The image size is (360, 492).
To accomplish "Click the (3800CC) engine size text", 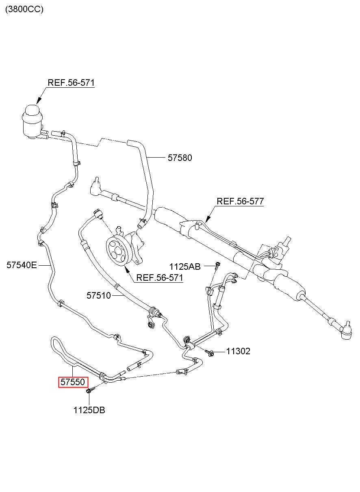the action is (24, 9).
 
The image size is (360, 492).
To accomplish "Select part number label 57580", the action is (180, 158).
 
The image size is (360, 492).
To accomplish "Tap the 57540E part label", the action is (22, 265).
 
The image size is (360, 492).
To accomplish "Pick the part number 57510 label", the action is (99, 296).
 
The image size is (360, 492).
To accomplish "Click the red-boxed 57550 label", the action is (73, 382).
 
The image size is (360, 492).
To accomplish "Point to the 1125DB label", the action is (89, 410).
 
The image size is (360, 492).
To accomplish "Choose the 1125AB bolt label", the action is (185, 267).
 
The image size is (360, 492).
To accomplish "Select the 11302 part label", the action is (238, 351).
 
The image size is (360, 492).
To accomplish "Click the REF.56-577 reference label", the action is (240, 201).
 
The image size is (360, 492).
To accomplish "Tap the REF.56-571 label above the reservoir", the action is (71, 83).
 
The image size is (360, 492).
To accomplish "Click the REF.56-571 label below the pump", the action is (160, 277).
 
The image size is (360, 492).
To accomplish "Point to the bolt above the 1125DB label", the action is (90, 390).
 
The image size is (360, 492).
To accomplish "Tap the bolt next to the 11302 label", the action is (210, 353).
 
